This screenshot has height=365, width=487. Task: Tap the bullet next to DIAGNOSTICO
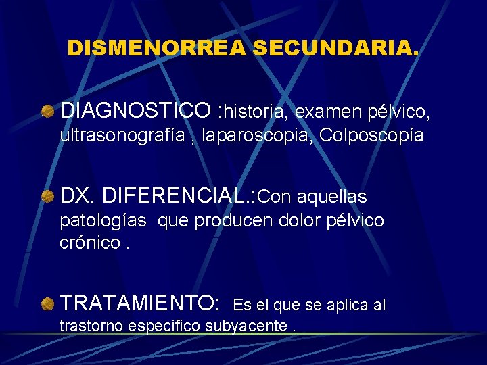coord(47,110)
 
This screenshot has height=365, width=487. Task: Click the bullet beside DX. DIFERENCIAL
coord(47,197)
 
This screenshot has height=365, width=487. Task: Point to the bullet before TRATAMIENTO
coord(47,305)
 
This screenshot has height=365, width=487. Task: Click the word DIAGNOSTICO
coord(135,109)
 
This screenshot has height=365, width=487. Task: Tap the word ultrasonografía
coord(122,135)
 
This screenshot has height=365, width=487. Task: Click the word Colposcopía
coord(371,135)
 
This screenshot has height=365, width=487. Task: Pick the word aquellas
coord(331,197)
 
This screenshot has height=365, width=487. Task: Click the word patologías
coord(104,221)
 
